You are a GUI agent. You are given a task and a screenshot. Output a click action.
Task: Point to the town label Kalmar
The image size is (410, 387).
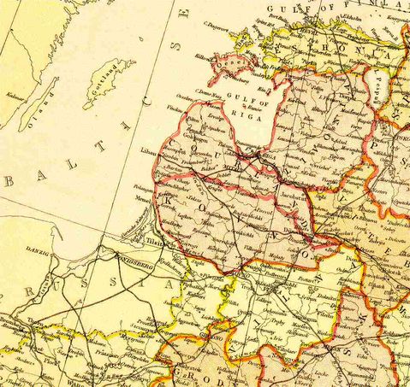[14, 96]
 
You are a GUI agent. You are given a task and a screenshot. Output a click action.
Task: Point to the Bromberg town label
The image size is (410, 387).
[13, 324]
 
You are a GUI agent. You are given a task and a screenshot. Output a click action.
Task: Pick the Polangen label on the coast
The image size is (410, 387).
[146, 183]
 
